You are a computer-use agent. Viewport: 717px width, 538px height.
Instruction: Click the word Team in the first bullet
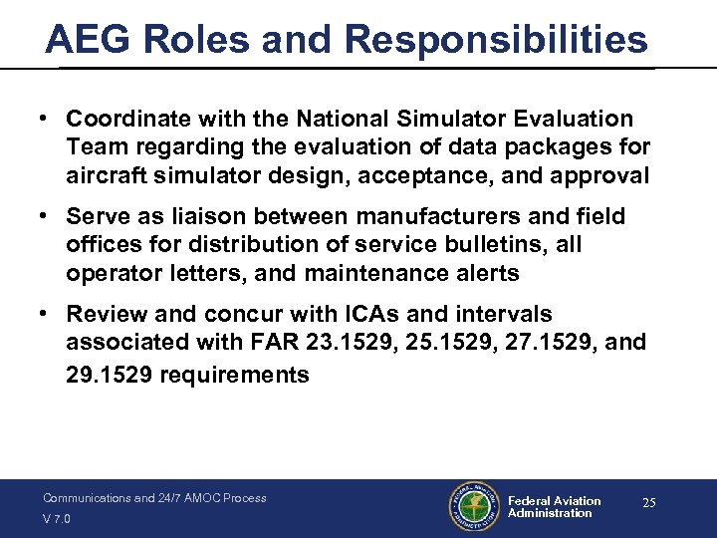click(93, 147)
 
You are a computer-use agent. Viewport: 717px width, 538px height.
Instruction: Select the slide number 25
click(648, 503)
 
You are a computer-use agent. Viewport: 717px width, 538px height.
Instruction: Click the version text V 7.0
click(57, 519)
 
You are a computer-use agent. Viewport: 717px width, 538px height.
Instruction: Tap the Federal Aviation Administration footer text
click(554, 507)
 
